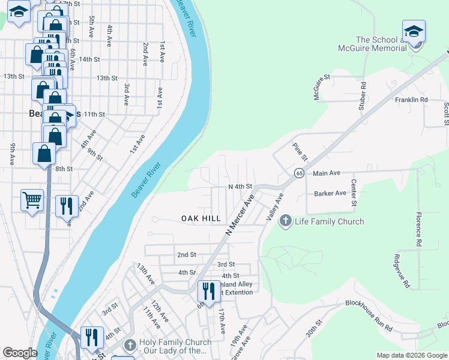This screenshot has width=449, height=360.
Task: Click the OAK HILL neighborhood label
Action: tap(201, 219)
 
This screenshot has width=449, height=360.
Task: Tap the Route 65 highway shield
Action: tap(298, 173)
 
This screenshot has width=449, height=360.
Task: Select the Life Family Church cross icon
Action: tap(285, 221)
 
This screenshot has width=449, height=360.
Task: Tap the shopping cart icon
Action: tap(32, 200)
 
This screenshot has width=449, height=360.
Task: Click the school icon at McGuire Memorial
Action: tap(414, 31)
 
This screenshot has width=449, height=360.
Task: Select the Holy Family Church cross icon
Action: tap(130, 346)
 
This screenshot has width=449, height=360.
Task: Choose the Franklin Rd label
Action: tap(411, 100)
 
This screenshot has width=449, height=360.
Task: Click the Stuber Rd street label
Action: tap(363, 97)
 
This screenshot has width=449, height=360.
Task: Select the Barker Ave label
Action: tap(330, 194)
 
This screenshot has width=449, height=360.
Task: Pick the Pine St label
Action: tap(300, 152)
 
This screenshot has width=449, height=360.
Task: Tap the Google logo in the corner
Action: tap(20, 353)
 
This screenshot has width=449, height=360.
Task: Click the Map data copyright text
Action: tap(411, 355)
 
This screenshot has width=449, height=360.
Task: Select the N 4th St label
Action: tap(240, 187)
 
